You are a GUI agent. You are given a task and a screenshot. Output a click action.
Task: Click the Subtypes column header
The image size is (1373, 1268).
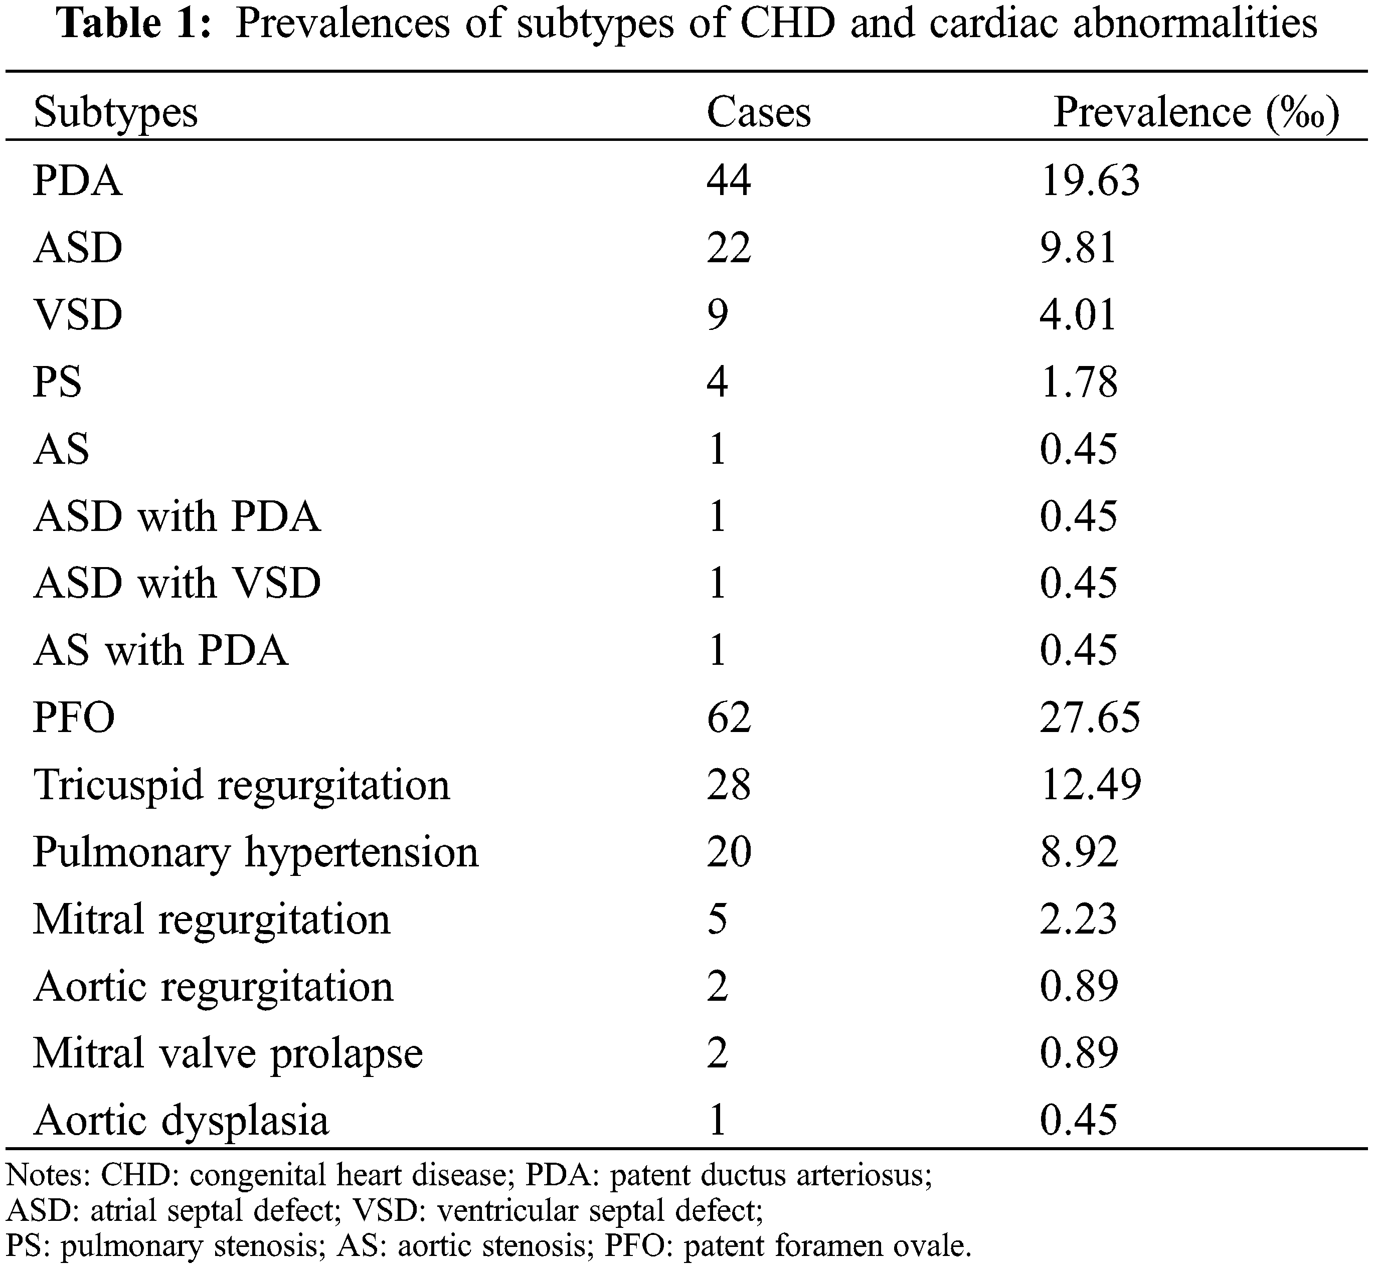click(x=115, y=112)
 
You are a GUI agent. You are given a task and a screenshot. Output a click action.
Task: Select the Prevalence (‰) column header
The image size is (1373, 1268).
click(x=1195, y=112)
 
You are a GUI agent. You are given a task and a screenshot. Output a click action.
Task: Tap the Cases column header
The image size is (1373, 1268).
click(x=758, y=112)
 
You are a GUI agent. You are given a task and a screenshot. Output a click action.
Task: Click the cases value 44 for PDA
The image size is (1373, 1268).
click(x=729, y=181)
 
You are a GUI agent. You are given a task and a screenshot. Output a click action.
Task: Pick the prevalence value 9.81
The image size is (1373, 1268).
click(x=1078, y=248)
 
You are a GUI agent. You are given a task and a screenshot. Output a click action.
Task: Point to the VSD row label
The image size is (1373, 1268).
click(x=78, y=315)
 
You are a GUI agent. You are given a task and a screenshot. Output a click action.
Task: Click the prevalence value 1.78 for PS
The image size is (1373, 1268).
click(x=1078, y=382)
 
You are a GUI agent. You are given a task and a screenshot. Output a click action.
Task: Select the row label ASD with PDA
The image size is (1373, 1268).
click(x=177, y=516)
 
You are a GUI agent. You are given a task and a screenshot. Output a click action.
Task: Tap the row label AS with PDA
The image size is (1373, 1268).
click(x=160, y=650)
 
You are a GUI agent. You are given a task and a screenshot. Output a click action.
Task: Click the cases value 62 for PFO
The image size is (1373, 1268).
click(x=729, y=717)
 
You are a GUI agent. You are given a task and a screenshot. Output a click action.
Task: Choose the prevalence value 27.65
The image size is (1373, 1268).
click(x=1090, y=717)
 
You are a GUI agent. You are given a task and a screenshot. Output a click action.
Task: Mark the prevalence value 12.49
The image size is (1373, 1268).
click(x=1090, y=784)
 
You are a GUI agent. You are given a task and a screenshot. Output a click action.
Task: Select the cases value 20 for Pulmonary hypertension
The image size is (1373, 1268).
click(x=729, y=851)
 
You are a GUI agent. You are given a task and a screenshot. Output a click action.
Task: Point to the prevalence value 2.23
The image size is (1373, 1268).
click(x=1078, y=919)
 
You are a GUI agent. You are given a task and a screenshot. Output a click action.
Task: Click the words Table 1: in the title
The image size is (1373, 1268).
click(x=134, y=24)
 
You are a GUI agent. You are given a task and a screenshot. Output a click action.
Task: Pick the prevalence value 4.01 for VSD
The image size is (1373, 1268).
click(x=1078, y=315)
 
